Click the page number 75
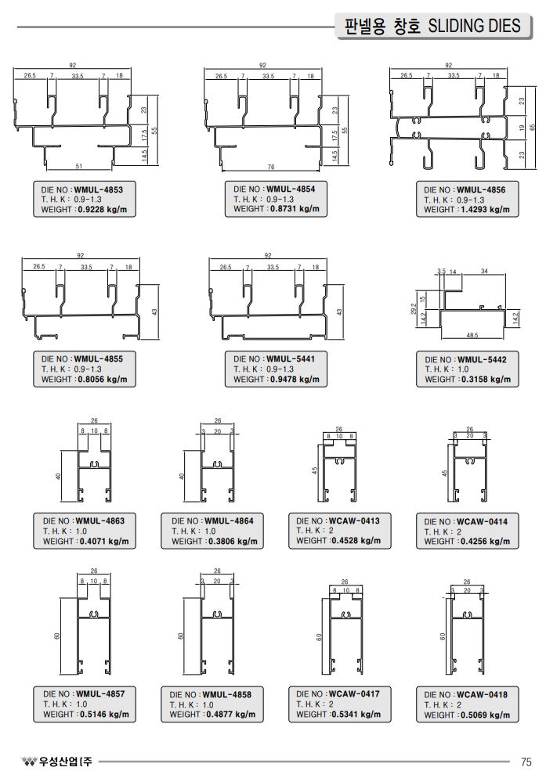point(526,762)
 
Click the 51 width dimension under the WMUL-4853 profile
point(79,166)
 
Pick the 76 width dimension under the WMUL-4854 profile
point(270,167)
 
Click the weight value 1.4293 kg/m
point(483,210)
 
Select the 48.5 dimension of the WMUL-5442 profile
point(472,336)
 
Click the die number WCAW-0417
point(354,693)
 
